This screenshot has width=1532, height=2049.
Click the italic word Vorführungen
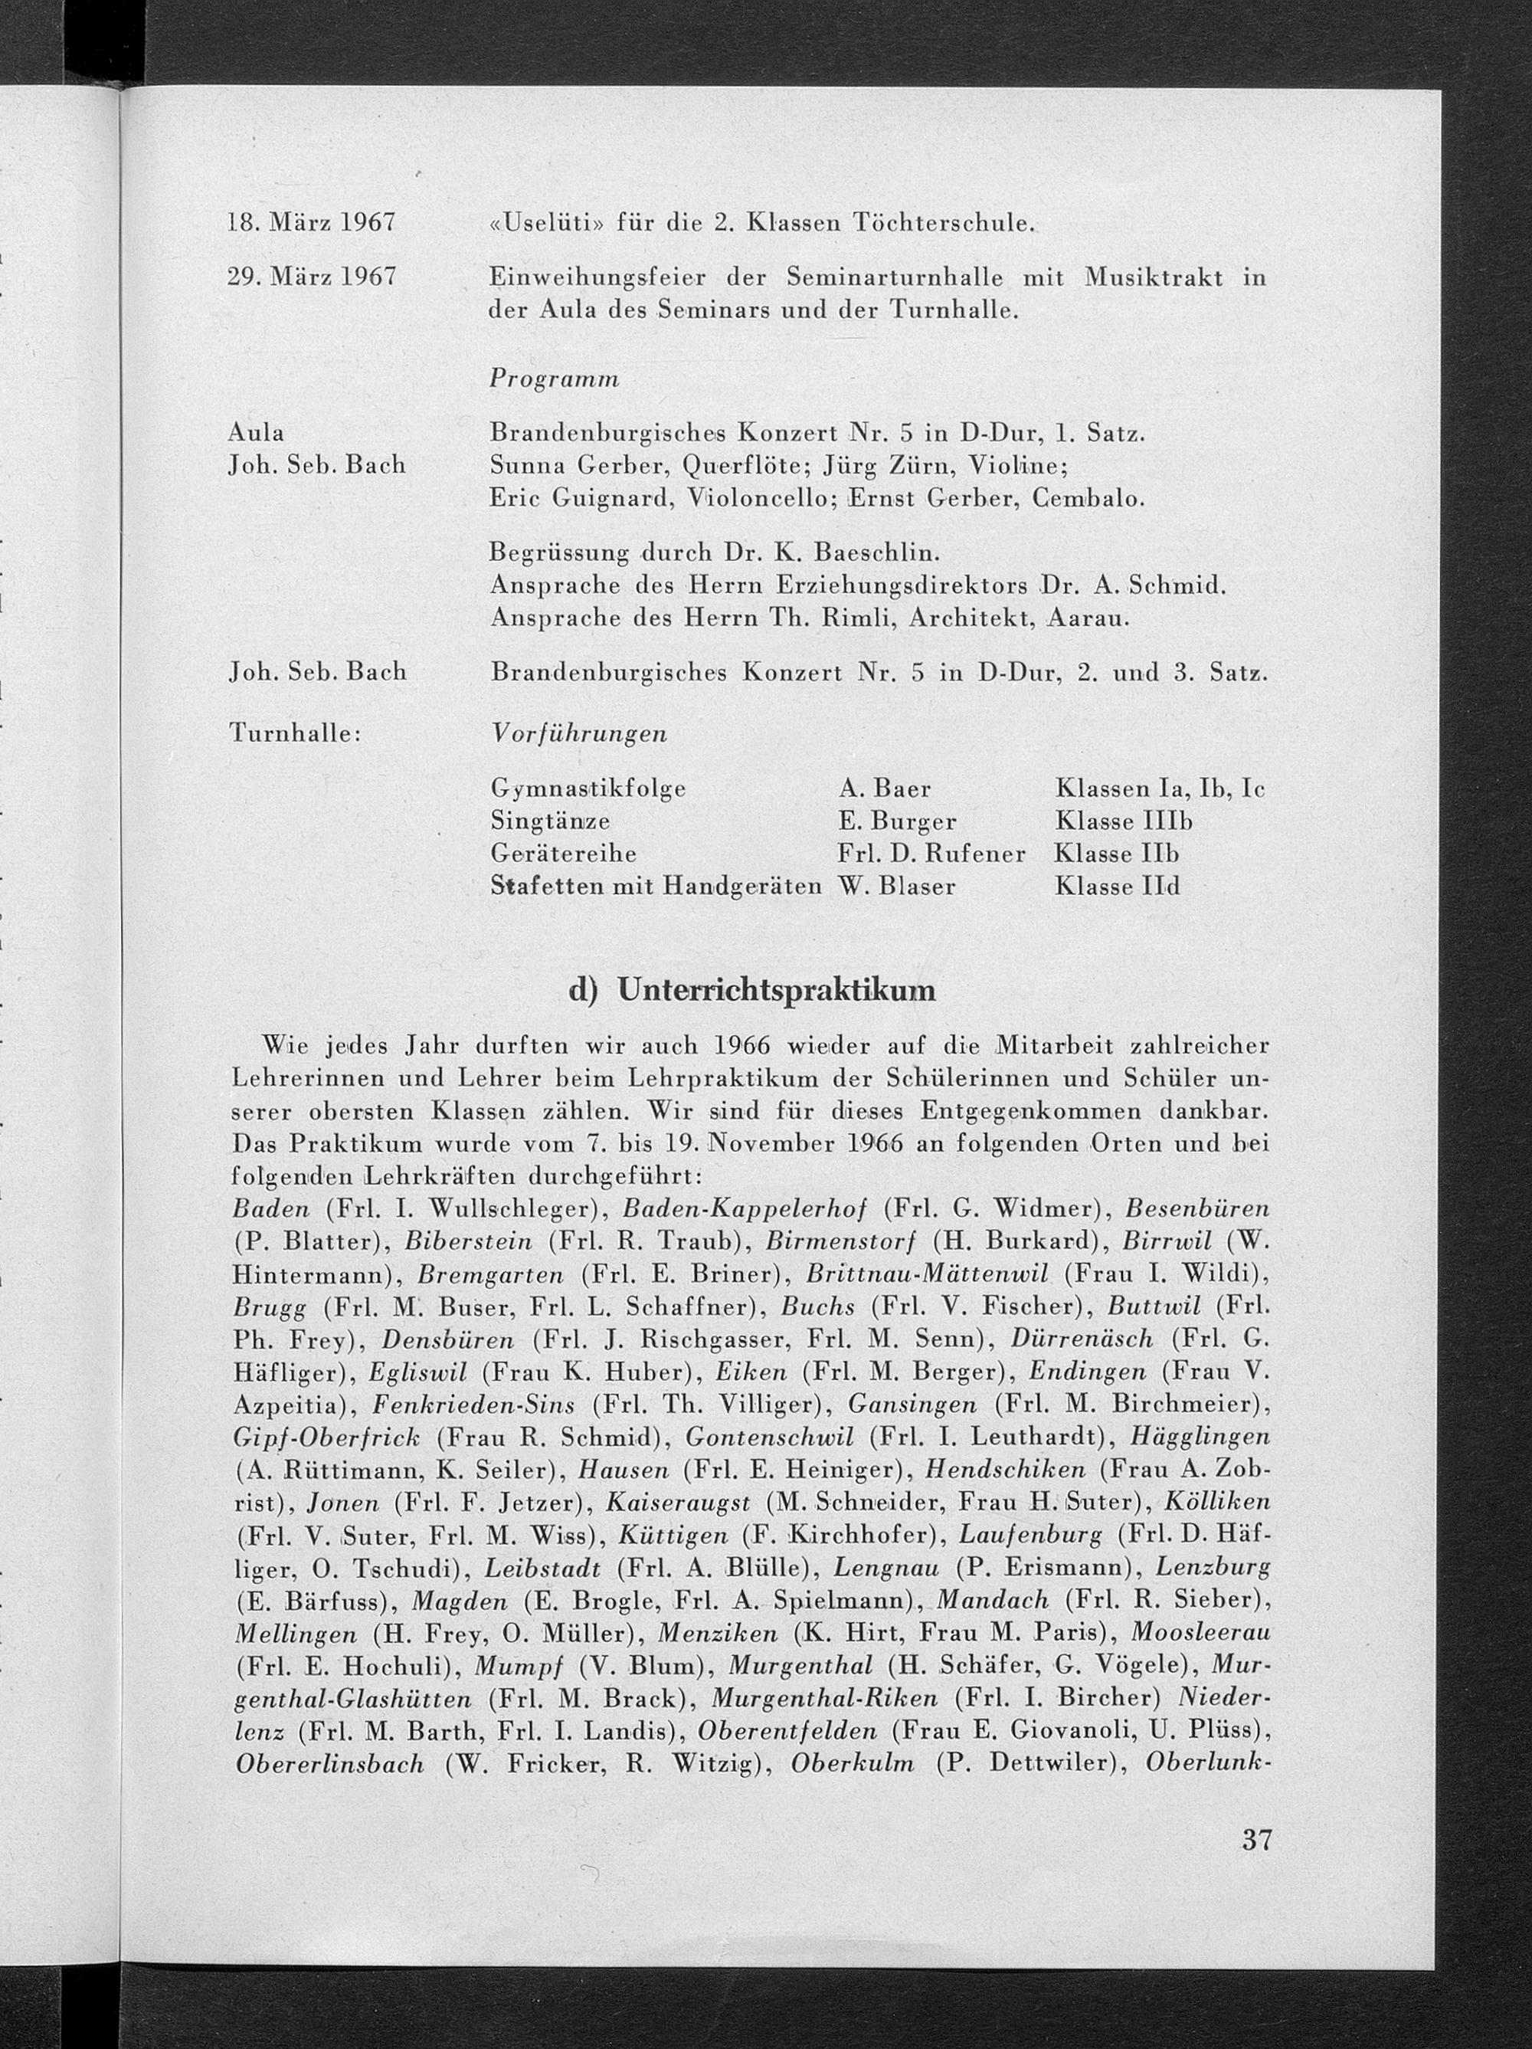point(579,733)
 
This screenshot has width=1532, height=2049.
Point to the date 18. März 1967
point(312,223)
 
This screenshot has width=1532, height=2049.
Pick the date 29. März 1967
point(312,276)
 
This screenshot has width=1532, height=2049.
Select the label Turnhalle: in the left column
point(293,733)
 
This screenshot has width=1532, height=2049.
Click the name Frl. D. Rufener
point(931,853)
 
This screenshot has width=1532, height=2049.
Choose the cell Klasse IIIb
point(1124,821)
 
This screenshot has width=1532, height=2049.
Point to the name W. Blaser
point(896,887)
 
